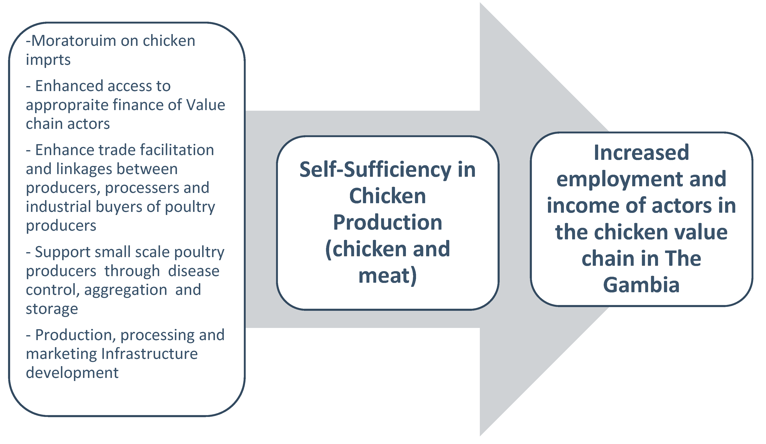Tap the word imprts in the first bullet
point(48,60)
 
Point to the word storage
point(52,309)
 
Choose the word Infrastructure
point(149,354)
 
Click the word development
point(72,373)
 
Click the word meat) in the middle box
point(388,275)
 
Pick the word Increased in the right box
point(641,152)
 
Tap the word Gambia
point(641,285)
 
